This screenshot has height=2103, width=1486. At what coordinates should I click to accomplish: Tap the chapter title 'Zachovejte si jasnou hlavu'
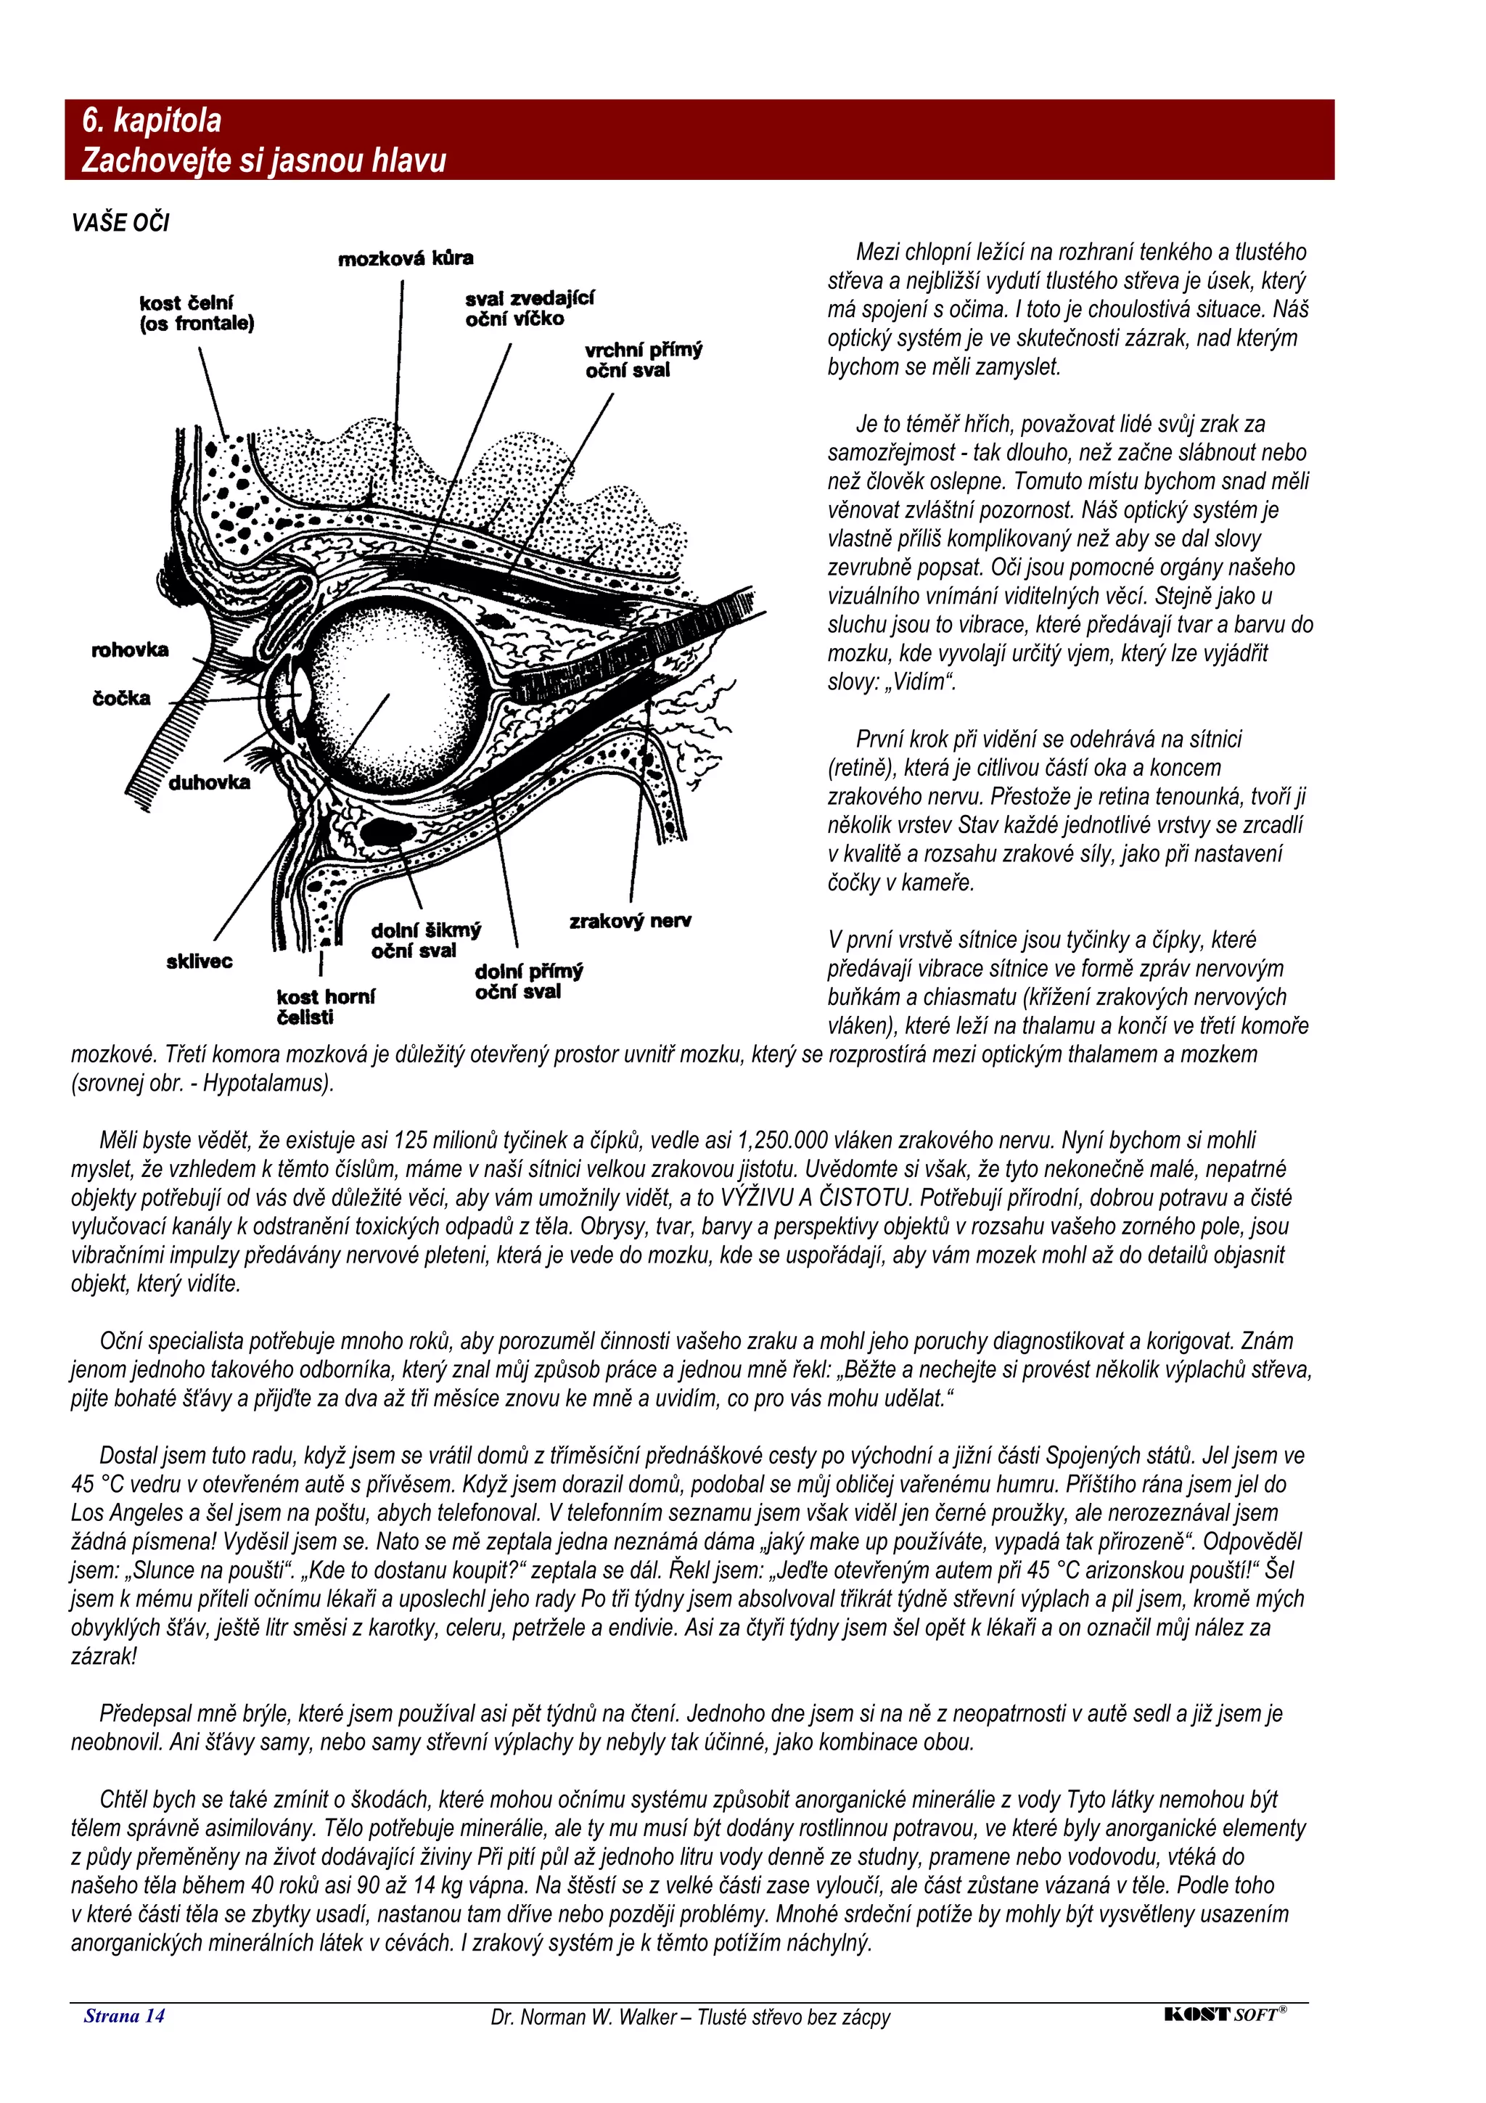pyautogui.click(x=263, y=160)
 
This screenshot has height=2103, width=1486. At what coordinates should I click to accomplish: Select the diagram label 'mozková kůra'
pyautogui.click(x=406, y=258)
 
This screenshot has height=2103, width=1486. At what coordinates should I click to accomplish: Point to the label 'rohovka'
pyautogui.click(x=130, y=649)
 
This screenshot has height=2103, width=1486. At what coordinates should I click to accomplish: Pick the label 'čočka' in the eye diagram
pyautogui.click(x=121, y=698)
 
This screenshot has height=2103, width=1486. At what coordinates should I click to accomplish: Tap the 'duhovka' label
pyautogui.click(x=209, y=782)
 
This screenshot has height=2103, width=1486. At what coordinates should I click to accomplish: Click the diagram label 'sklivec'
pyautogui.click(x=199, y=961)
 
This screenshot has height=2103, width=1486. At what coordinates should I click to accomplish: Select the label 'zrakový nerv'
pyautogui.click(x=630, y=921)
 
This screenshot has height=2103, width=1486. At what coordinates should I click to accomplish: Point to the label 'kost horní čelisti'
pyautogui.click(x=325, y=1007)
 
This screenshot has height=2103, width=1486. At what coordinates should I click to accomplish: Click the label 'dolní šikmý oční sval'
pyautogui.click(x=426, y=940)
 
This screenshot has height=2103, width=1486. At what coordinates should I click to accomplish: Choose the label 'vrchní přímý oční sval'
pyautogui.click(x=644, y=359)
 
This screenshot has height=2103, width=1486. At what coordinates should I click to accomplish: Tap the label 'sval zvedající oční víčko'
pyautogui.click(x=529, y=308)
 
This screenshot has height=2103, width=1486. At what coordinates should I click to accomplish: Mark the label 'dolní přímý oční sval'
pyautogui.click(x=528, y=981)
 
